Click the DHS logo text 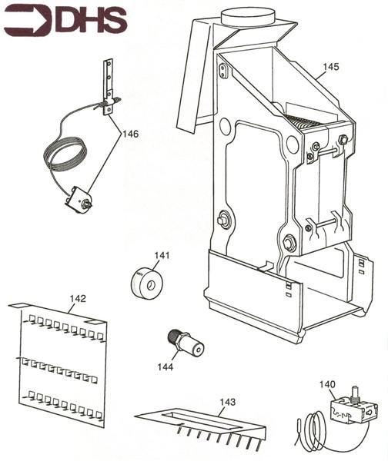(91, 19)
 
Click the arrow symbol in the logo (28, 20)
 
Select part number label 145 (331, 67)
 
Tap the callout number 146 (130, 134)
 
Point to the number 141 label (162, 255)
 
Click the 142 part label (78, 299)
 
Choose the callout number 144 (165, 367)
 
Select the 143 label (228, 402)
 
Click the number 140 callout (327, 384)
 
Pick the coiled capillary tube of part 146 (65, 154)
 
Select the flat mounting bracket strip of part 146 (108, 87)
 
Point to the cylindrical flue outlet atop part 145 (248, 17)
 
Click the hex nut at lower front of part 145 (289, 242)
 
